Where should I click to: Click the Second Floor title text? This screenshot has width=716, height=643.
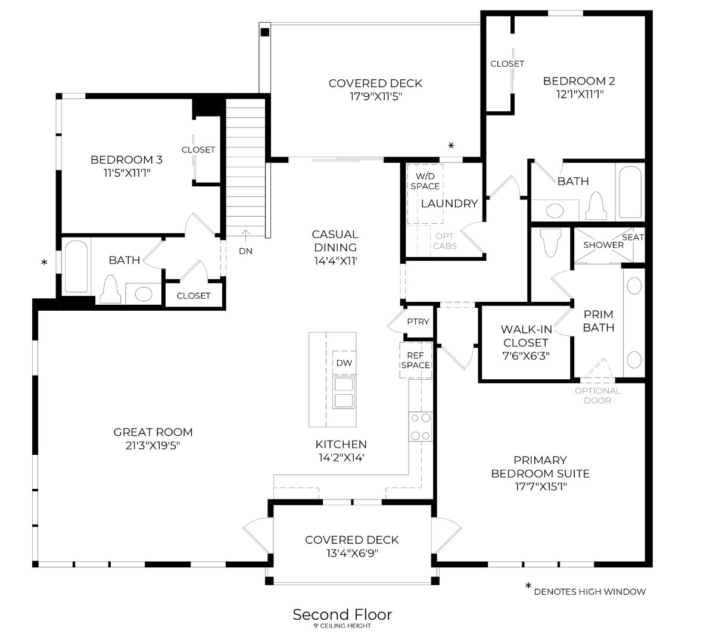[x=342, y=614]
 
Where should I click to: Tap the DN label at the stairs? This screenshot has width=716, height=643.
[x=245, y=251]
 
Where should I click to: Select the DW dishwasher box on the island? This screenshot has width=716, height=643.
[x=344, y=363]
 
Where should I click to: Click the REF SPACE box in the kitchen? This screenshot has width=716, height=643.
[x=415, y=360]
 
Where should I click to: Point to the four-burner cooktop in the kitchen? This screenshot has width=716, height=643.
[x=420, y=427]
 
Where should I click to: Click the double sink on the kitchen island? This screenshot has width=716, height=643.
[x=344, y=392]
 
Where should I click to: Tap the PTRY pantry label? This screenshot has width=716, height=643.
[x=418, y=321]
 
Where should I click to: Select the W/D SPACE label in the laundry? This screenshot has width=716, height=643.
[x=425, y=181]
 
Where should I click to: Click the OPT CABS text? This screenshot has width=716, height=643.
[x=445, y=241]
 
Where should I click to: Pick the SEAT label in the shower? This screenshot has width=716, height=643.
[x=633, y=237]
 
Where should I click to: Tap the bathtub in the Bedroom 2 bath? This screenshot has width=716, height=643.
[x=630, y=192]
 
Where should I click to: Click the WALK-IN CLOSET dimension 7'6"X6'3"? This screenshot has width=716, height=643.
[x=525, y=355]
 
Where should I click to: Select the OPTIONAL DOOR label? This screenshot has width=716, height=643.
[x=597, y=395]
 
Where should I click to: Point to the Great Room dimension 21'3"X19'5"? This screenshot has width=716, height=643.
[x=153, y=445]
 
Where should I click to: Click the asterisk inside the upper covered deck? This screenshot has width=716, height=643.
[x=451, y=146]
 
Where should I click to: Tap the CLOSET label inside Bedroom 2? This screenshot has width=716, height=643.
[x=507, y=64]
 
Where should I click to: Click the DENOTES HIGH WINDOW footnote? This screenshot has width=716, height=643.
[x=589, y=592]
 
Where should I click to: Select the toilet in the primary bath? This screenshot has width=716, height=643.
[x=549, y=243]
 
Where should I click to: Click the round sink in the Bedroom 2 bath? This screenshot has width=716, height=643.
[x=555, y=211]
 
